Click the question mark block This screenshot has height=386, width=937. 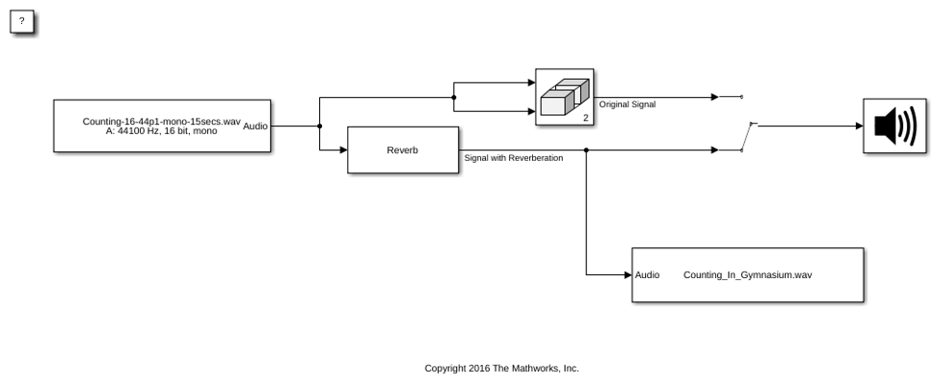point(22,22)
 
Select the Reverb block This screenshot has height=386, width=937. point(403,150)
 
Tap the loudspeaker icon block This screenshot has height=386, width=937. point(895,126)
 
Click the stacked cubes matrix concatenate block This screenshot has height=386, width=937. point(565,97)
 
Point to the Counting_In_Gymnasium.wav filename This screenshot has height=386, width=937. point(747,275)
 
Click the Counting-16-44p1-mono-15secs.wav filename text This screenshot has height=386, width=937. point(161,121)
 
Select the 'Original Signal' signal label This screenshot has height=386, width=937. point(628,104)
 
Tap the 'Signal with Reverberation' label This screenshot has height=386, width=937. point(513,158)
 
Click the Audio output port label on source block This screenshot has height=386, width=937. point(255,126)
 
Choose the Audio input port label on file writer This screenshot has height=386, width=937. point(647,275)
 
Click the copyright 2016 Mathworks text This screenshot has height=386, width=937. point(502,368)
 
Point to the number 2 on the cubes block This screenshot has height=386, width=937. point(586,118)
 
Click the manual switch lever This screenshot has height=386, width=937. point(746,137)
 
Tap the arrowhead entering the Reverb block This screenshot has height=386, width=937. point(343,150)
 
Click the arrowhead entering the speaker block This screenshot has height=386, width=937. point(859,126)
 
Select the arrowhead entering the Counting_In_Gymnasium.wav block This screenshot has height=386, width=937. point(629,275)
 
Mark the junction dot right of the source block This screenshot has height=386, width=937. point(320,126)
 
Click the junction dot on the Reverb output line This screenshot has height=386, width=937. point(586,150)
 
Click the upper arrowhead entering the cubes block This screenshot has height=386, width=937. point(532,83)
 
